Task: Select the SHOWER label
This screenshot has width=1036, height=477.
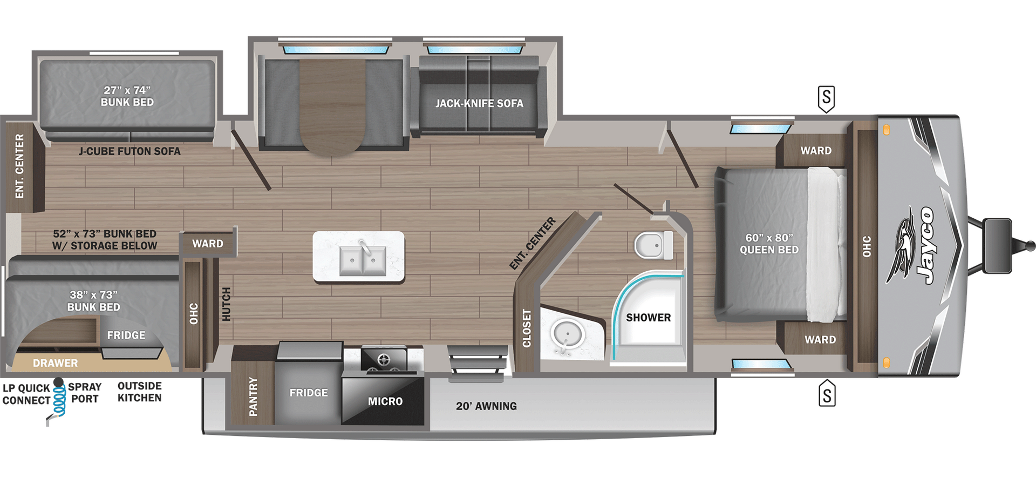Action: (648, 318)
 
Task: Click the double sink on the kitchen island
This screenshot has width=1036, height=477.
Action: (363, 260)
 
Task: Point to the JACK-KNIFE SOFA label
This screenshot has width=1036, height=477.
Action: (479, 103)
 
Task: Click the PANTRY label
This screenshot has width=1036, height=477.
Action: (253, 397)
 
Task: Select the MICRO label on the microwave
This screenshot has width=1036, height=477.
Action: (385, 401)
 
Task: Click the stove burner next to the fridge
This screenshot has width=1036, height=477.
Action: (384, 359)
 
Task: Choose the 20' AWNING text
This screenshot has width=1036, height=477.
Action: (486, 406)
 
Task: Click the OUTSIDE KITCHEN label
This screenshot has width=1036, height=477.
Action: (139, 392)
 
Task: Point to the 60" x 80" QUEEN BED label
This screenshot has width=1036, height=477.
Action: (769, 244)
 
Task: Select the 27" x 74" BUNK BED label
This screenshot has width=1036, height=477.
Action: (127, 96)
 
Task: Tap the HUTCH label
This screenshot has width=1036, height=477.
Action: (227, 304)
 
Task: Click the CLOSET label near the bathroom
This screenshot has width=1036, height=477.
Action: (527, 328)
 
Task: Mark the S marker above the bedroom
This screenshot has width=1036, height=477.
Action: (826, 98)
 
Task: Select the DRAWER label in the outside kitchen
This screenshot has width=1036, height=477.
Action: (55, 363)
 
